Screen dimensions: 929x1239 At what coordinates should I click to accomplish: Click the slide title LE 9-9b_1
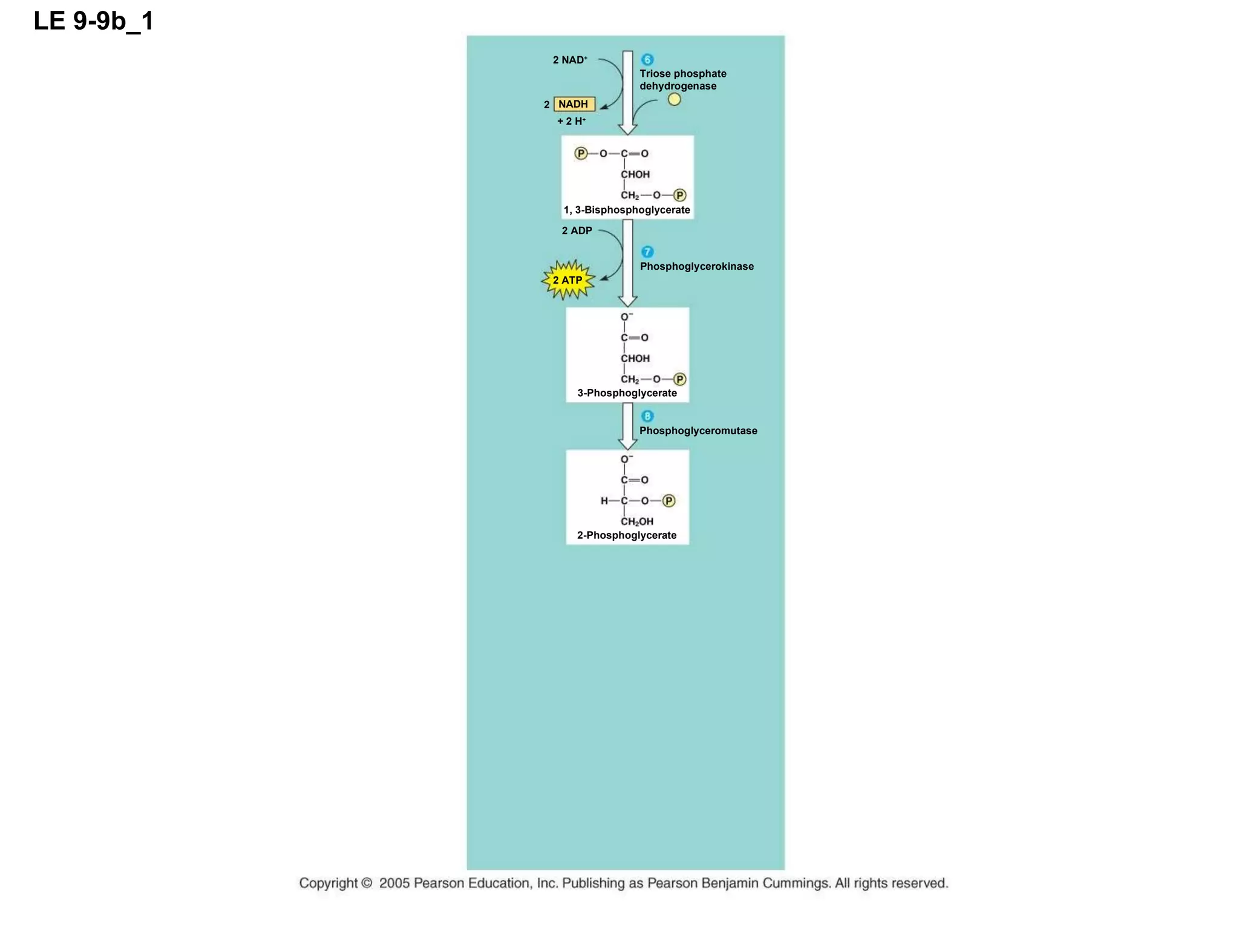coord(94,21)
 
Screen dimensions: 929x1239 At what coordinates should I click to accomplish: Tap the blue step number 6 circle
coord(647,59)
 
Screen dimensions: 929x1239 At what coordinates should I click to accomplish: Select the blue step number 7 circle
coord(647,252)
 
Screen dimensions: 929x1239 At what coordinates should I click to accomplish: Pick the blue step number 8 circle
coord(647,416)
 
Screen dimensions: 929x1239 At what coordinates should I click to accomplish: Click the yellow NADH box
coord(574,104)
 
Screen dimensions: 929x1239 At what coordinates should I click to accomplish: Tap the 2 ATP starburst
coord(567,280)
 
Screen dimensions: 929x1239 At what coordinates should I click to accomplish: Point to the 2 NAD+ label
coord(570,60)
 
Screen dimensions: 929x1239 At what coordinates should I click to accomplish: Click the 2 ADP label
coord(577,230)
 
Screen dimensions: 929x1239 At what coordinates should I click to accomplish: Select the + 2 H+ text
coord(571,121)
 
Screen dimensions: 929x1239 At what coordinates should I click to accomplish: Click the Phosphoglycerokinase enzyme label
coord(696,266)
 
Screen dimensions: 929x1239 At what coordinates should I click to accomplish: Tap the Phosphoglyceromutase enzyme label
coord(698,431)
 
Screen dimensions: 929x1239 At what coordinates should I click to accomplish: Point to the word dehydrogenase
coord(678,86)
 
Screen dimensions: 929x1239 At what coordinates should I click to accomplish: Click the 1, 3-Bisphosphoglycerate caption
coord(627,210)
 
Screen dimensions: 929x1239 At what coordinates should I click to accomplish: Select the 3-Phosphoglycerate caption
coord(627,393)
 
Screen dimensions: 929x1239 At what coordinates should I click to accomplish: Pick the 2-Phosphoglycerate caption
coord(627,535)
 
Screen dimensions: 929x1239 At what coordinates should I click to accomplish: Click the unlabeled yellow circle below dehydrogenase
coord(674,100)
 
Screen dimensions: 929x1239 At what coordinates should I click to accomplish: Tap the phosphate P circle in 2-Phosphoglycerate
coord(669,501)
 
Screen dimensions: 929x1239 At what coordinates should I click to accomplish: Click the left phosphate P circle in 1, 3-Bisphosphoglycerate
coord(581,154)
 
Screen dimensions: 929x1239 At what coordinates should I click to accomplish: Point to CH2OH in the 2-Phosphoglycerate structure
coord(637,521)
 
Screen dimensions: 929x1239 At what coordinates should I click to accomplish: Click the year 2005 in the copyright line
coord(394,883)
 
